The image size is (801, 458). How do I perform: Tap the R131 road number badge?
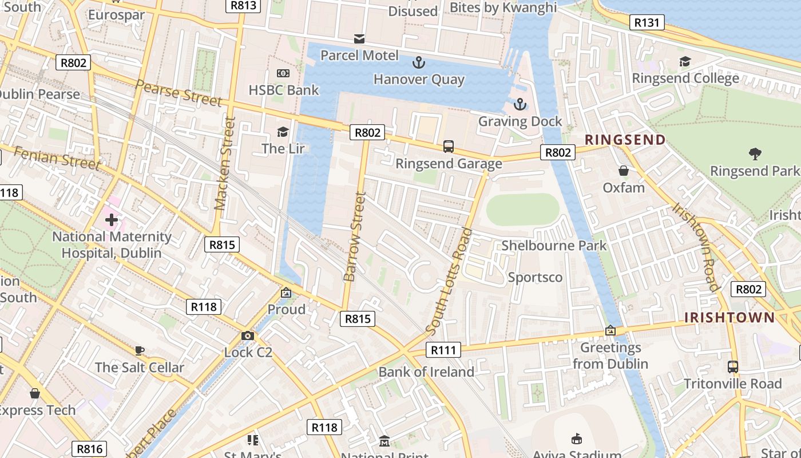coord(647,23)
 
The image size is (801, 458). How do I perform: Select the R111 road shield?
coord(443,350)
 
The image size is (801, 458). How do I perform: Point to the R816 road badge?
coord(90,449)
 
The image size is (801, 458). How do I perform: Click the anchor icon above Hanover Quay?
coord(419,61)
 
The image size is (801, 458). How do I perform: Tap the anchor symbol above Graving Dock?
coord(520,104)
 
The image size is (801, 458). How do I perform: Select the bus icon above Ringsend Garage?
coord(449,147)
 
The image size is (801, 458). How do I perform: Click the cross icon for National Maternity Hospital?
coord(111,219)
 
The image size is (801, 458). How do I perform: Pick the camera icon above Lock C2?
coord(247,335)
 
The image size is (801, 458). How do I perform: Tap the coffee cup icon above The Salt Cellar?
coord(139,350)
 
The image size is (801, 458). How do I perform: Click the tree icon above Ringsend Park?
coord(755,153)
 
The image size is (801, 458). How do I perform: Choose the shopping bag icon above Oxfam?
coord(623,171)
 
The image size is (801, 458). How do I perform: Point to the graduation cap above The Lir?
coord(283,132)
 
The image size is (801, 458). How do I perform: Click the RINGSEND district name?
coord(625,140)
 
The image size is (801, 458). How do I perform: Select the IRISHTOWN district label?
coord(729,318)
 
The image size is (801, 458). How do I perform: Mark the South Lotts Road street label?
coord(450,282)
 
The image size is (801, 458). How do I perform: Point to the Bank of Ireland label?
coord(426,372)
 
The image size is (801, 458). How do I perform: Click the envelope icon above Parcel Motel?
coord(359,39)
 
